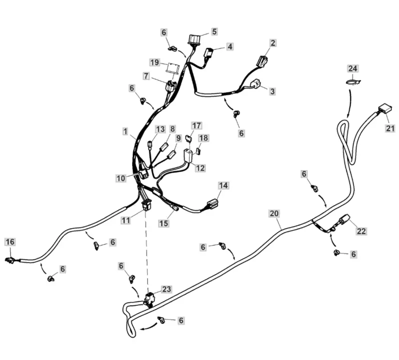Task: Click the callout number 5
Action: (214, 31)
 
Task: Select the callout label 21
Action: (390, 128)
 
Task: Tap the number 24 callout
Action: (353, 68)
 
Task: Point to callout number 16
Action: (10, 242)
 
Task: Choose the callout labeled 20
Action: (273, 213)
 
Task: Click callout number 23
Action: (166, 289)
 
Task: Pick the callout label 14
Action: (223, 185)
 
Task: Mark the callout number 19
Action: (155, 62)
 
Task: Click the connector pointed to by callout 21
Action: (383, 109)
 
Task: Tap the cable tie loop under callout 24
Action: (354, 82)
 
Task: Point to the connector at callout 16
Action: (9, 259)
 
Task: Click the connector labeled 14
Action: (212, 203)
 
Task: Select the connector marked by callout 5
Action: (195, 38)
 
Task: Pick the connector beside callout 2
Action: (262, 61)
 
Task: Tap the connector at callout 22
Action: (344, 219)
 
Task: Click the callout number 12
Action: (200, 168)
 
